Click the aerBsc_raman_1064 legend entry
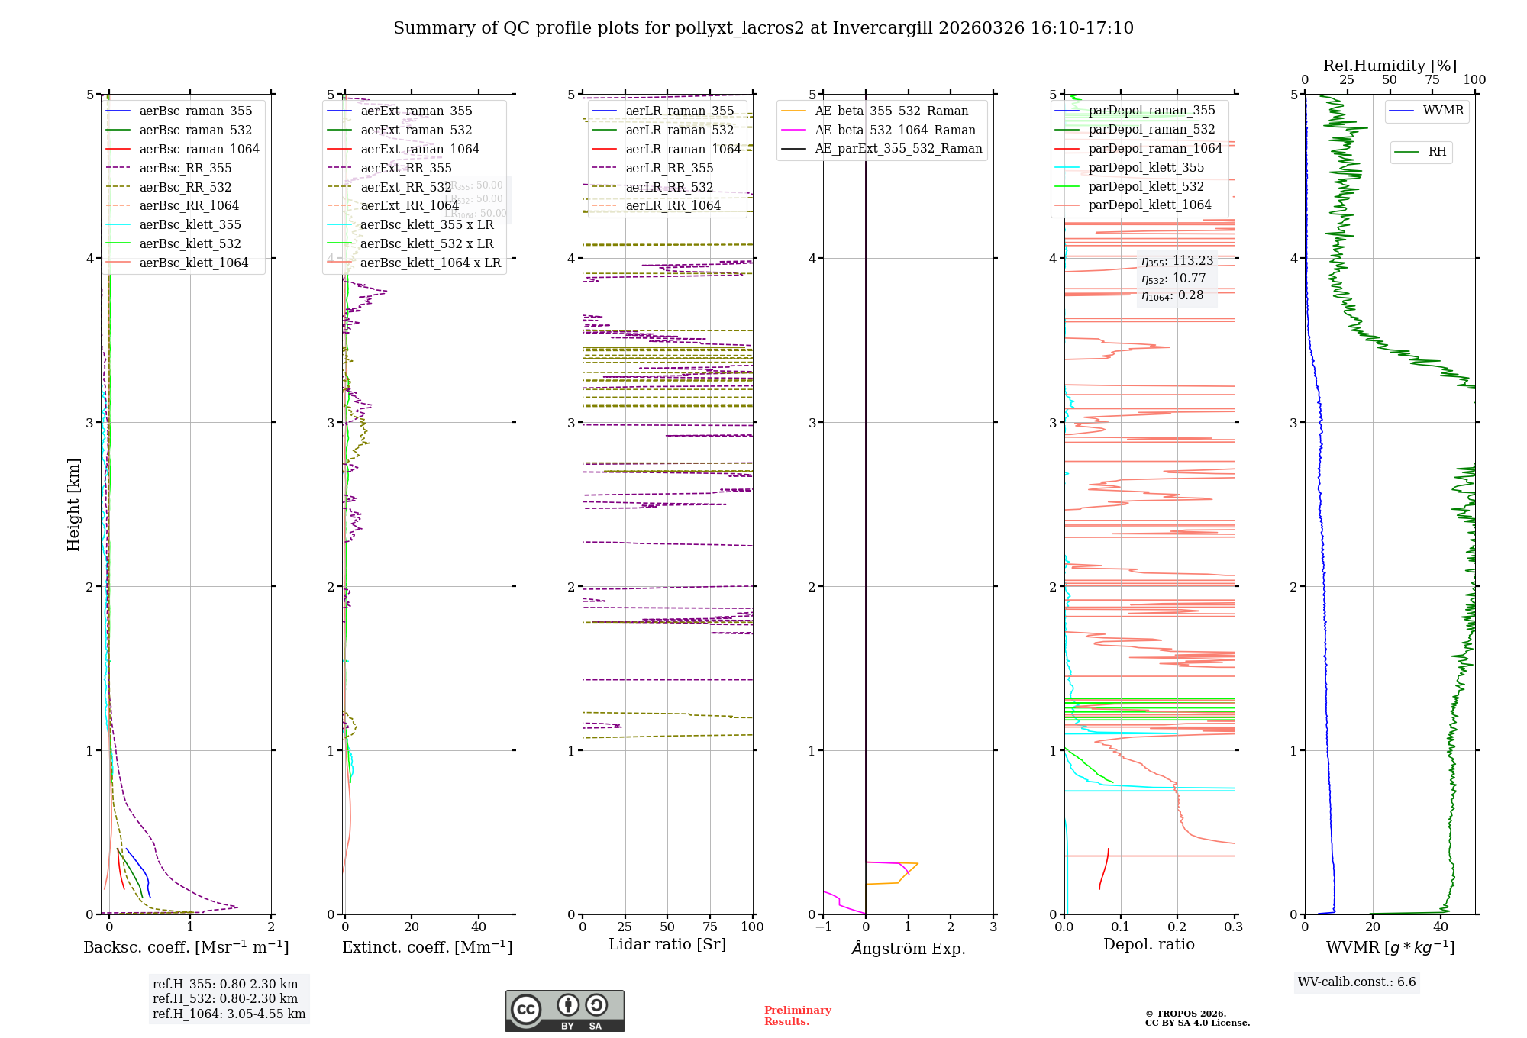(x=199, y=150)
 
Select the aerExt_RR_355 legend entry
(x=405, y=168)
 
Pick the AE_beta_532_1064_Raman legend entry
(x=895, y=131)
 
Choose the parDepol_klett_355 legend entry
(x=1146, y=168)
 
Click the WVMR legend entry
(x=1443, y=111)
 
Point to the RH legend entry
(x=1437, y=152)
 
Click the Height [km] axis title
(x=73, y=504)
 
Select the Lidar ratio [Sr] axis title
(x=667, y=945)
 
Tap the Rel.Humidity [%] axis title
(x=1390, y=66)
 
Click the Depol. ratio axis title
(x=1149, y=945)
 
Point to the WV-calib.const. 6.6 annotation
(x=1357, y=982)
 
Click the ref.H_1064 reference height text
(x=229, y=1014)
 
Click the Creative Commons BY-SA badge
(x=564, y=1011)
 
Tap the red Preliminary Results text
(x=797, y=1016)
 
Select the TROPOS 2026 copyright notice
(x=1197, y=1018)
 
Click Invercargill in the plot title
(x=883, y=28)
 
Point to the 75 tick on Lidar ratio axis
(x=710, y=927)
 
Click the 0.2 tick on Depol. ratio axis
(x=1177, y=927)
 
